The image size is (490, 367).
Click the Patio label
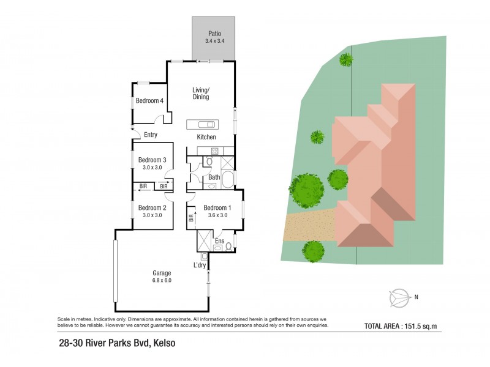pyautogui.click(x=214, y=34)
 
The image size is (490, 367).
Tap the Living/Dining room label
pyautogui.click(x=201, y=94)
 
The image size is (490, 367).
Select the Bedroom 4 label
pyautogui.click(x=149, y=101)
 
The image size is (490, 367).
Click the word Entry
pyautogui.click(x=151, y=135)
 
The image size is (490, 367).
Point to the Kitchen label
pyautogui.click(x=206, y=137)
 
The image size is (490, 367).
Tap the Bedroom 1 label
pyautogui.click(x=216, y=207)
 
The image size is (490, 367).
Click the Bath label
pyautogui.click(x=214, y=178)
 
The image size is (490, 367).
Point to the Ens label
pyautogui.click(x=219, y=242)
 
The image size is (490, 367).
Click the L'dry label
pyautogui.click(x=200, y=265)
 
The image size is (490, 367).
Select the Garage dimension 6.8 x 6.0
pyautogui.click(x=162, y=281)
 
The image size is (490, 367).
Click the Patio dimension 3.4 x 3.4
pyautogui.click(x=214, y=41)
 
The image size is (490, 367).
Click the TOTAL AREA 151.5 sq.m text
pyautogui.click(x=403, y=326)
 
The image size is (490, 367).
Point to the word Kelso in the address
pyautogui.click(x=165, y=343)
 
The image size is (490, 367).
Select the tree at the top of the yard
pyautogui.click(x=346, y=59)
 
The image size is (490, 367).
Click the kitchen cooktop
pyautogui.click(x=214, y=150)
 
